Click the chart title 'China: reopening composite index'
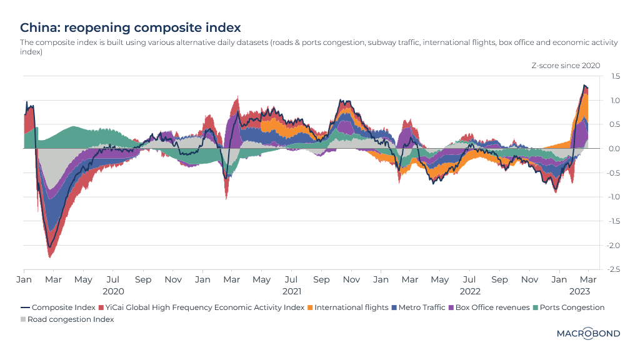point(131,28)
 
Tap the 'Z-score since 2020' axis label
point(566,66)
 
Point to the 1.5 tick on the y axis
point(616,76)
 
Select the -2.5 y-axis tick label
point(614,269)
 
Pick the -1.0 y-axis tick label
point(614,197)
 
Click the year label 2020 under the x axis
point(113,291)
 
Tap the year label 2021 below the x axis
point(291,291)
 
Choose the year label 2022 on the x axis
point(470,291)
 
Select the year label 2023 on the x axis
point(580,291)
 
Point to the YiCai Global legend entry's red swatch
point(101,307)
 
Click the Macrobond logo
point(588,334)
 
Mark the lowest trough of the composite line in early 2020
point(49,247)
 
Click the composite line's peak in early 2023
point(584,86)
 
